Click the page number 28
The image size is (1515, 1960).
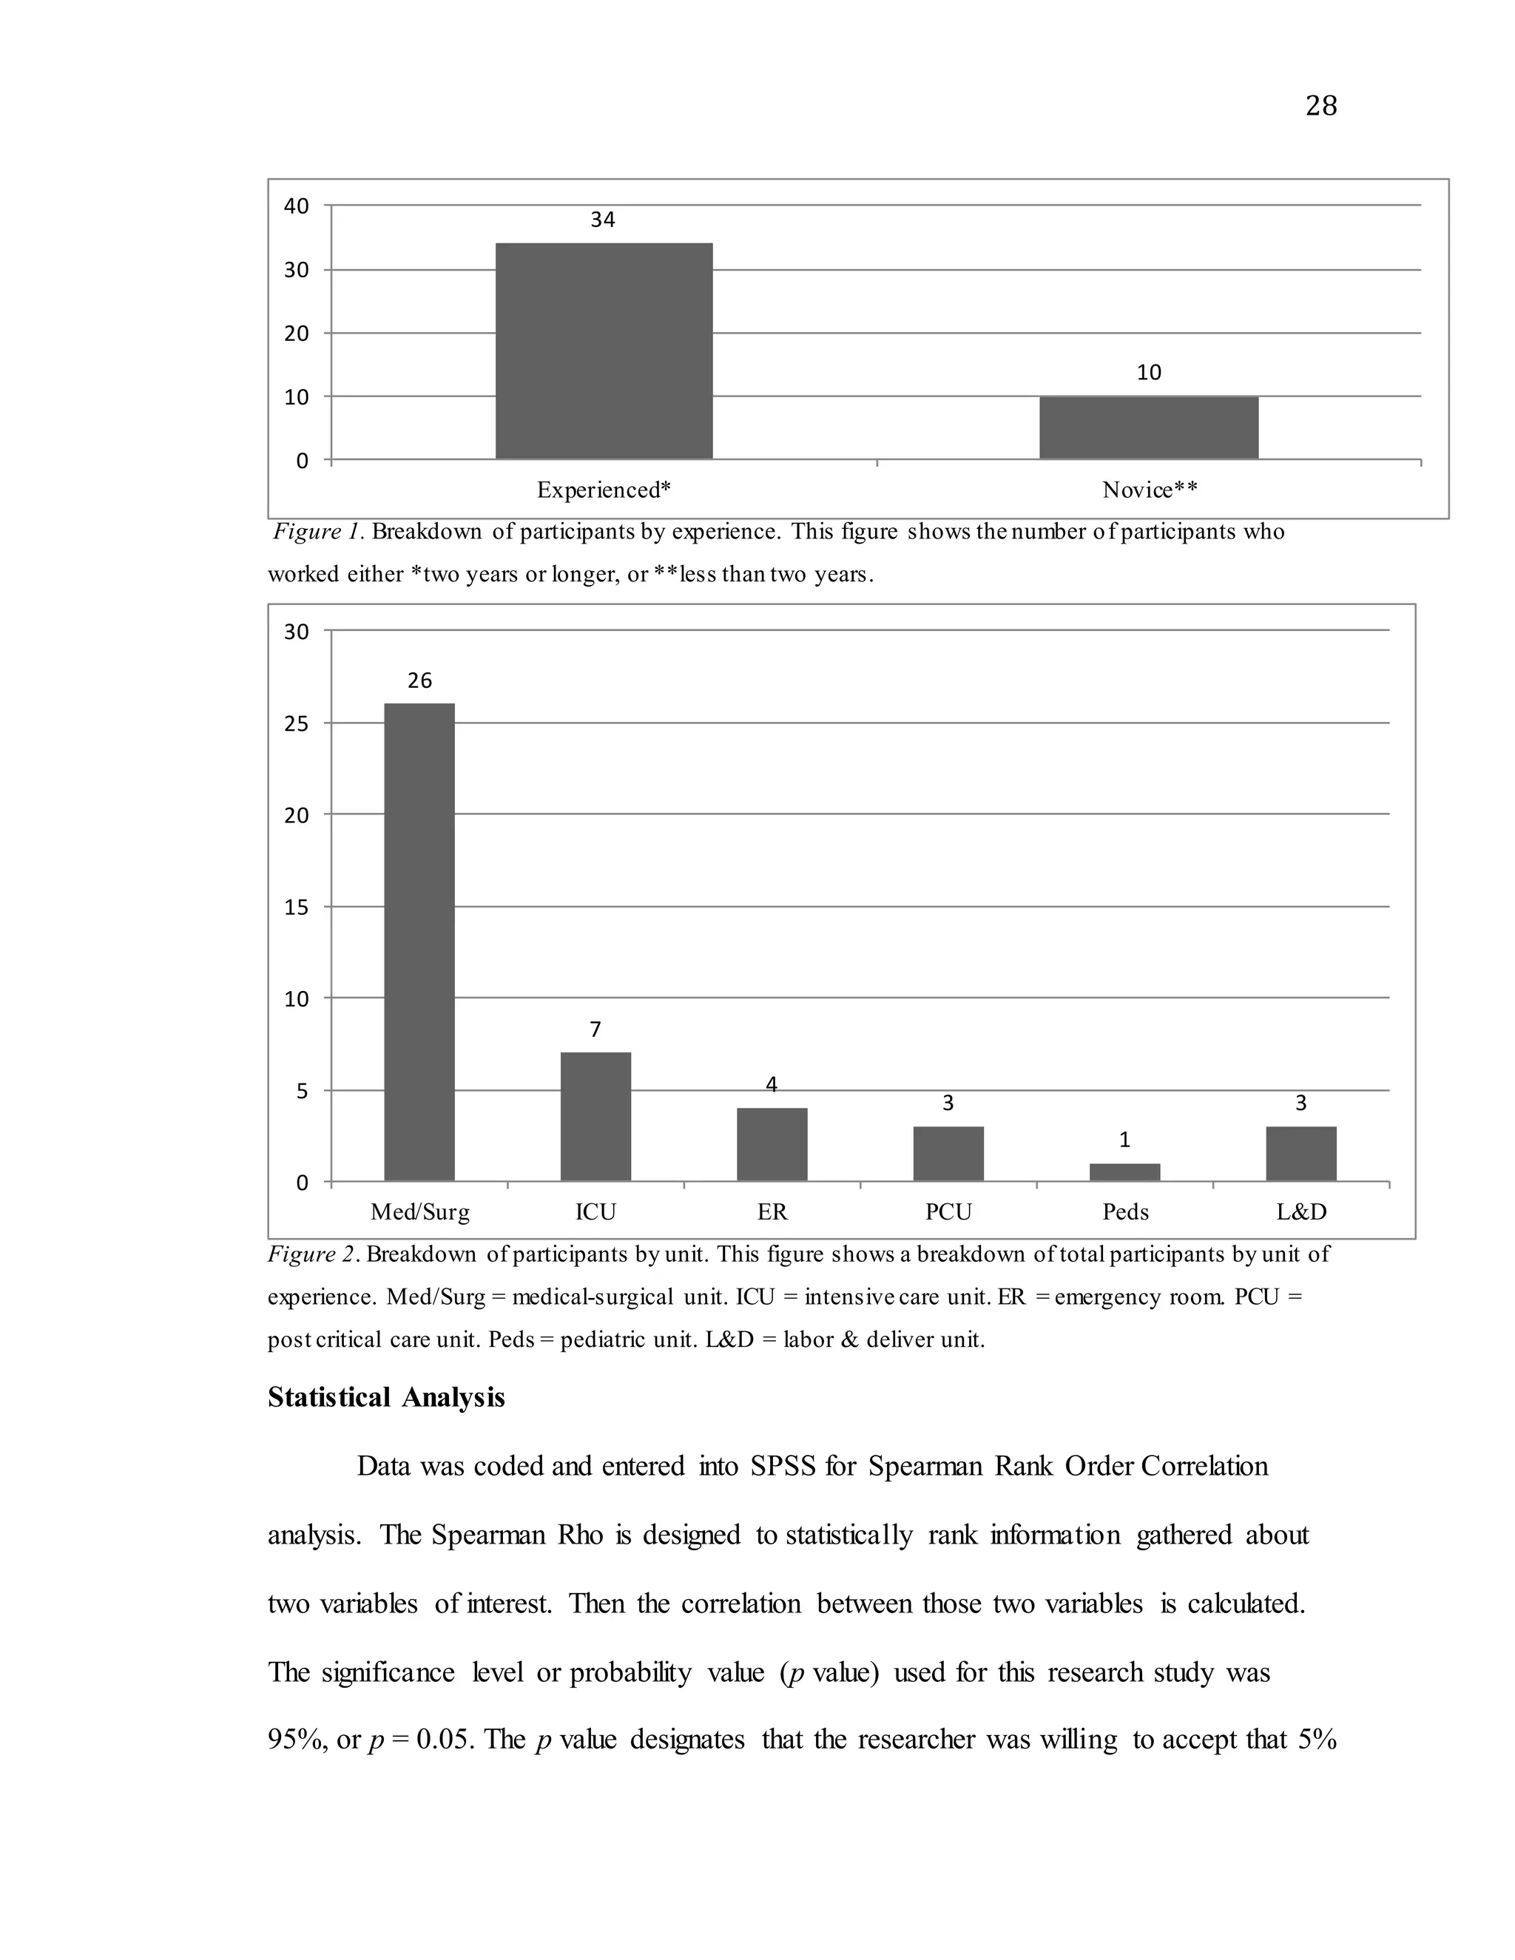(x=1320, y=107)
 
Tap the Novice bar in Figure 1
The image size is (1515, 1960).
(x=1149, y=428)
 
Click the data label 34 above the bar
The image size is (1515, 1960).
(x=603, y=220)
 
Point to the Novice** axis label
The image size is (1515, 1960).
(x=1150, y=490)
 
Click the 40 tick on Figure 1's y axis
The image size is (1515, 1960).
(x=296, y=206)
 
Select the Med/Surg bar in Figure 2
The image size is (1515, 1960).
(x=419, y=942)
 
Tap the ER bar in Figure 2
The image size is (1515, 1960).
(x=772, y=1144)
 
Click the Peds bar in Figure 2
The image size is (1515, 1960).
(x=1124, y=1172)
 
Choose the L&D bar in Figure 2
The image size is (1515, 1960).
(x=1301, y=1154)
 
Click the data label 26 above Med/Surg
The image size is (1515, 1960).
(x=419, y=681)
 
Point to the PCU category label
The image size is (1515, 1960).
(x=948, y=1212)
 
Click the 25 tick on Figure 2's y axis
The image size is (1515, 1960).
(x=296, y=724)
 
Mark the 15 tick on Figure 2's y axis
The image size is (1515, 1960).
(x=296, y=908)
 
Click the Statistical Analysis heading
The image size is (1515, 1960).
(x=386, y=1397)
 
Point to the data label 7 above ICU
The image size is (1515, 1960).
(x=595, y=1030)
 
